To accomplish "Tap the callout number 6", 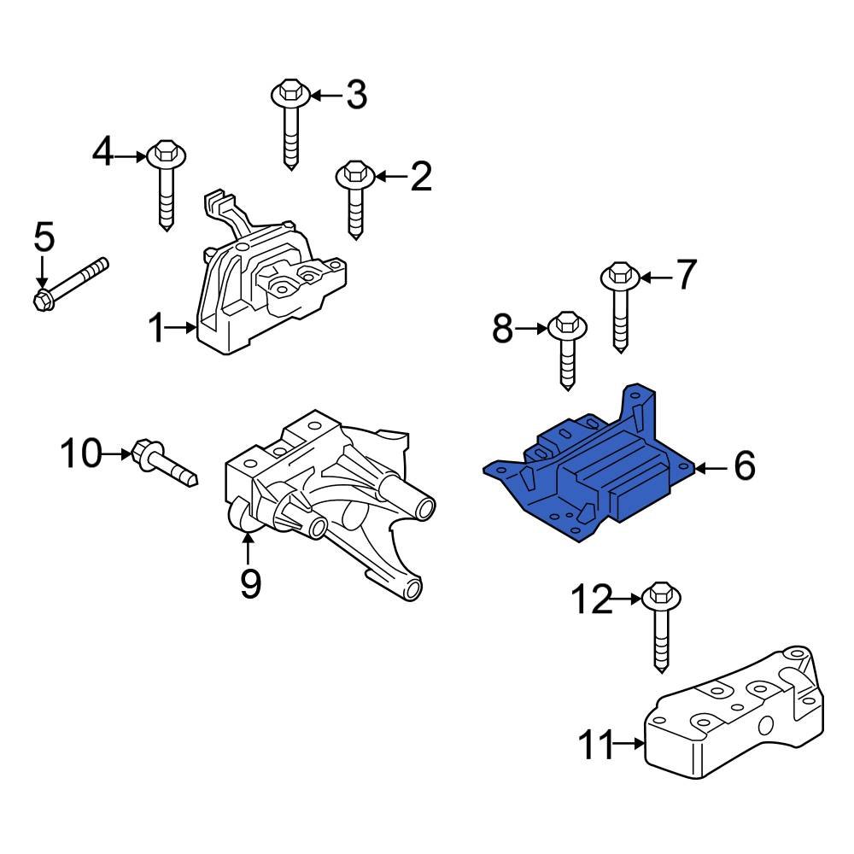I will click(744, 467).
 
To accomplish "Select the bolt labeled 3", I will click(289, 124).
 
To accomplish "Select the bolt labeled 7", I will click(620, 307).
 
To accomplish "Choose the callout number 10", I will click(80, 453).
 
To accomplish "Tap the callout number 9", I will click(249, 583).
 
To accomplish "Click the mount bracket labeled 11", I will click(734, 726).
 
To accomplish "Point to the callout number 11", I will click(597, 746).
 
